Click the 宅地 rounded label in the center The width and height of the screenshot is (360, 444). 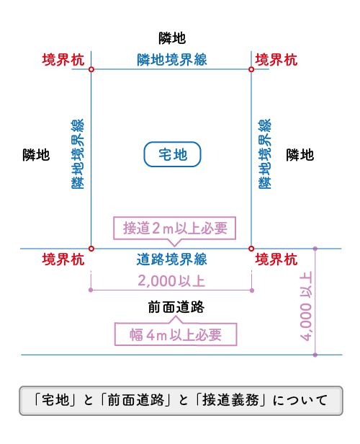172,154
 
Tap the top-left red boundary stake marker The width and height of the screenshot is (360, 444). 91,69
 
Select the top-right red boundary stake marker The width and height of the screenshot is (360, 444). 251,69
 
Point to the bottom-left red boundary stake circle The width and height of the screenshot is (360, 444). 91,249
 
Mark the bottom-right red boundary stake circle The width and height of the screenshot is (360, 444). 251,249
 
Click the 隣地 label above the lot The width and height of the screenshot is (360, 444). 172,38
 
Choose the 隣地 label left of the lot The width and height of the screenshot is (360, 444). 36,155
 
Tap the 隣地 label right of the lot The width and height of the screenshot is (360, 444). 300,155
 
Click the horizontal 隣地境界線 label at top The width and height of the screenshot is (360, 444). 172,60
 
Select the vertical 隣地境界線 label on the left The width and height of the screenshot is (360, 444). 78,154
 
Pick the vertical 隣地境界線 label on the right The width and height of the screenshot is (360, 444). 265,154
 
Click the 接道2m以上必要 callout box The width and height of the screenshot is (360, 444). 175,228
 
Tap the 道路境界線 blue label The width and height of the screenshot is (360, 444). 171,259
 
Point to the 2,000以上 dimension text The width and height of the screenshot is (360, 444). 171,281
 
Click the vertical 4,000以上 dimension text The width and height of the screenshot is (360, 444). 306,306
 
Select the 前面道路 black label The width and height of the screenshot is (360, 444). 176,307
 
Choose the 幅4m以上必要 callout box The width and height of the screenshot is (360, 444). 176,334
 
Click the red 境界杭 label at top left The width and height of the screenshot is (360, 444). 63,60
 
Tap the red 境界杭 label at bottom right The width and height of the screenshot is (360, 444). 276,259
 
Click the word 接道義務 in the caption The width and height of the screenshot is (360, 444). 231,400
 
